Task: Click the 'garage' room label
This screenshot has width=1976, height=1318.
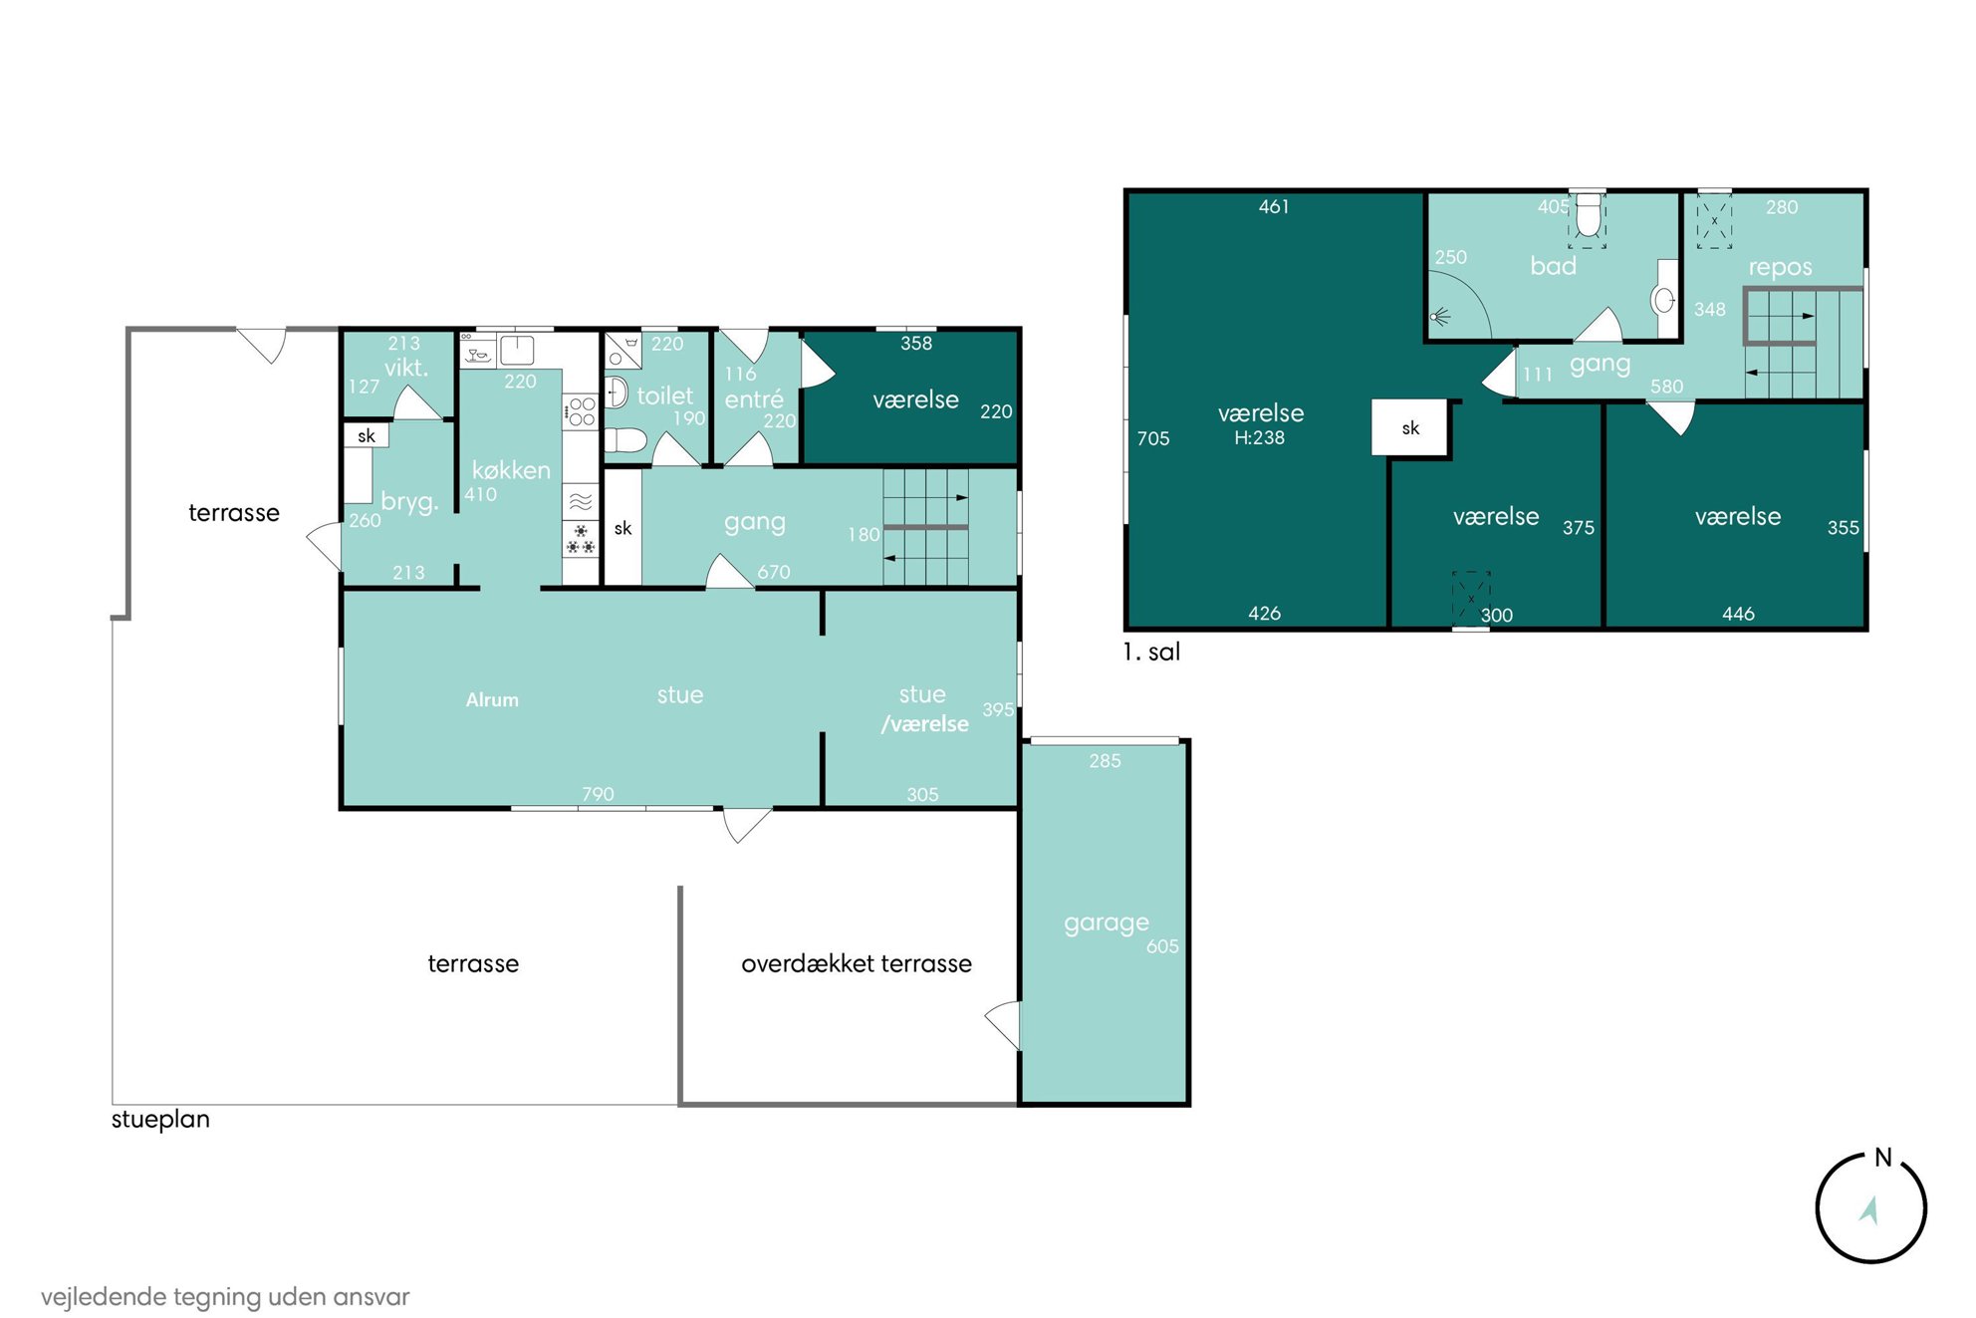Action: [x=1106, y=923]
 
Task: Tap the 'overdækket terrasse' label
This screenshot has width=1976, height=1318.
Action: [x=857, y=963]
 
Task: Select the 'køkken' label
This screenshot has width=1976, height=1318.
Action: [x=511, y=469]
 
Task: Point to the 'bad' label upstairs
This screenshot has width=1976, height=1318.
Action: [x=1553, y=266]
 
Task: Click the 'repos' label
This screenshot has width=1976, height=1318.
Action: [x=1780, y=268]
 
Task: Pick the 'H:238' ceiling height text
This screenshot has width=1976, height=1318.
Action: [x=1259, y=437]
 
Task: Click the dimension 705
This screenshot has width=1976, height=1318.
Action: [x=1153, y=438]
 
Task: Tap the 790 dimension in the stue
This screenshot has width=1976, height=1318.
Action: [x=598, y=794]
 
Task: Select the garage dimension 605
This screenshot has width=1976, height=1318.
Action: [x=1162, y=946]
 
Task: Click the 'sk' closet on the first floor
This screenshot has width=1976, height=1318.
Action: [x=1410, y=428]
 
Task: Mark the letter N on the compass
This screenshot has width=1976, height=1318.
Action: [x=1882, y=1158]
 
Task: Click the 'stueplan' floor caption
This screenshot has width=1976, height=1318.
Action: [x=160, y=1120]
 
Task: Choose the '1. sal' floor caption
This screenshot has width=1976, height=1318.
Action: [x=1151, y=652]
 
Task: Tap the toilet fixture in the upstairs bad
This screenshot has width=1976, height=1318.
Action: [x=1588, y=215]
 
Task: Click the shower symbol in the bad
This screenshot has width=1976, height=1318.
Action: [x=1440, y=318]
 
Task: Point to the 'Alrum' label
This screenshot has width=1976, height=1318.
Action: [x=492, y=700]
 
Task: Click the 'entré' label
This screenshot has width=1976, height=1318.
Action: [x=754, y=398]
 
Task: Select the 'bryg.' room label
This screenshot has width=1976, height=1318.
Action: [x=409, y=501]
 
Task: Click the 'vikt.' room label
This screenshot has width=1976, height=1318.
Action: [x=406, y=368]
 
